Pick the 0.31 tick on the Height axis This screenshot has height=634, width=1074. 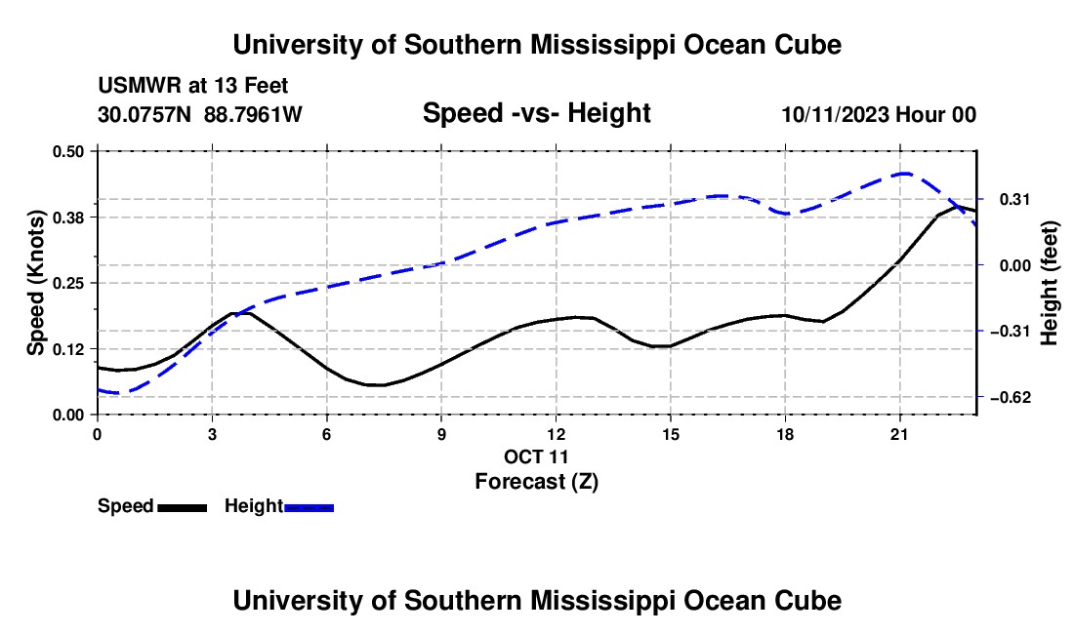pyautogui.click(x=1014, y=199)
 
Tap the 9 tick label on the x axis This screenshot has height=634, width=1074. pyautogui.click(x=441, y=434)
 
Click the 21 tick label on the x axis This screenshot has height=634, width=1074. pyautogui.click(x=898, y=434)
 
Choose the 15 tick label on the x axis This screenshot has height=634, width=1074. pyautogui.click(x=670, y=434)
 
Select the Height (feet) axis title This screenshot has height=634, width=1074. pyautogui.click(x=1049, y=283)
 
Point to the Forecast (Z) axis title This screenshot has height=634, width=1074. pyautogui.click(x=536, y=481)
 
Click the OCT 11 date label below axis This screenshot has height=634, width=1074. pyautogui.click(x=536, y=456)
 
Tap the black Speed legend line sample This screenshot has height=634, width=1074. pyautogui.click(x=183, y=507)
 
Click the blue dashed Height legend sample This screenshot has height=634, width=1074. pyautogui.click(x=309, y=507)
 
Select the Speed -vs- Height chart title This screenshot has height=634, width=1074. pyautogui.click(x=536, y=113)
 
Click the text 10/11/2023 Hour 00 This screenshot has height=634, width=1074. pyautogui.click(x=879, y=114)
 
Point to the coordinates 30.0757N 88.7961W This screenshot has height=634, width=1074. pyautogui.click(x=199, y=114)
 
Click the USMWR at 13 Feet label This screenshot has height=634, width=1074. pyautogui.click(x=193, y=86)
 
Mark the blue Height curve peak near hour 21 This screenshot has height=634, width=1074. pyautogui.click(x=905, y=173)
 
